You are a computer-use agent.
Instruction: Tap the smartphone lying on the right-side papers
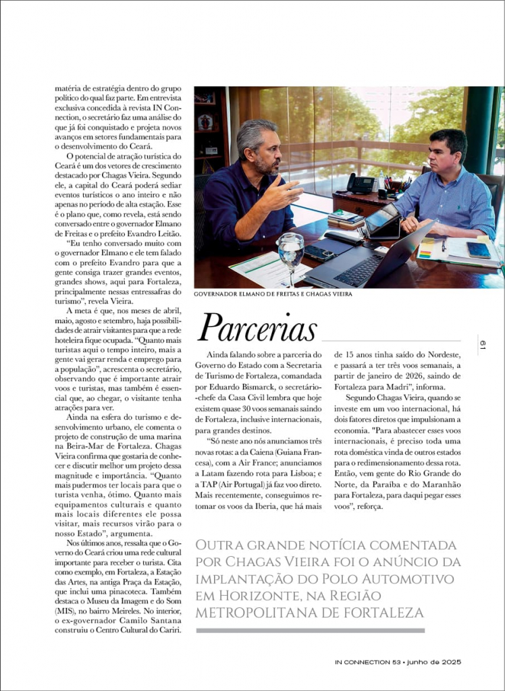point(479,250)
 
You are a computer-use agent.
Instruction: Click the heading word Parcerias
point(257,328)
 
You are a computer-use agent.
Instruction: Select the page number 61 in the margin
point(483,345)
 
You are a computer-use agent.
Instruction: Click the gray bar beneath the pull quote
point(311,631)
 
